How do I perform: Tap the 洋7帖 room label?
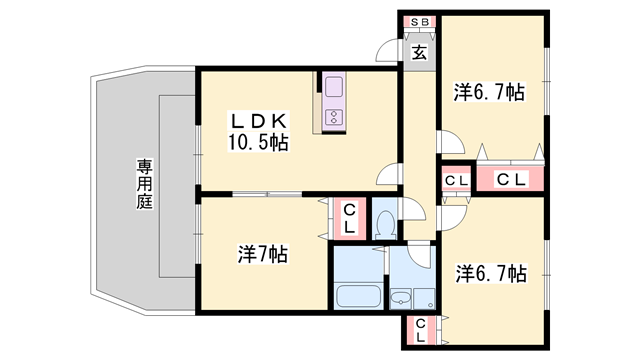click(x=263, y=254)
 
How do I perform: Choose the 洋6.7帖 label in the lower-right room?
click(x=490, y=272)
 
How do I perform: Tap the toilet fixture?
click(x=384, y=224)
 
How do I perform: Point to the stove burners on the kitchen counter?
click(x=333, y=119)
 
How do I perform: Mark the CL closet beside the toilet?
click(x=349, y=219)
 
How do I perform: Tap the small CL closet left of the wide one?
click(x=456, y=180)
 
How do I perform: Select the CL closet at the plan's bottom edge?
click(x=420, y=329)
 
